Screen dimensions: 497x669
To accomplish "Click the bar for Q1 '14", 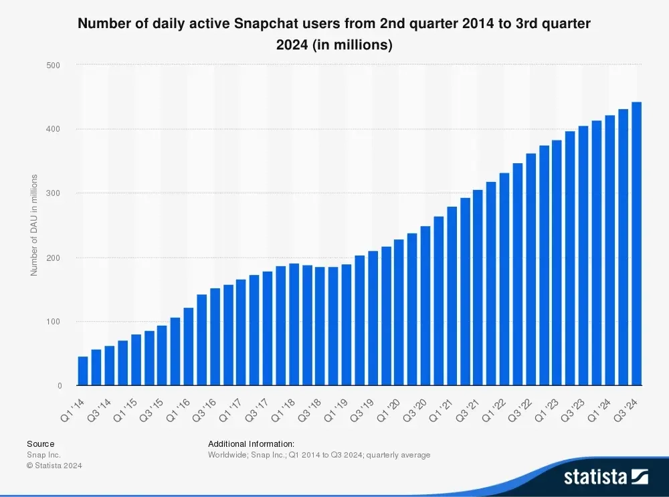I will point(83,371).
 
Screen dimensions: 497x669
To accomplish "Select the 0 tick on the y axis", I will point(60,386).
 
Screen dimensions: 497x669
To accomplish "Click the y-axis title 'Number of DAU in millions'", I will point(33,225).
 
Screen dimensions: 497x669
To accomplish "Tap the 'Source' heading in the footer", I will point(41,443).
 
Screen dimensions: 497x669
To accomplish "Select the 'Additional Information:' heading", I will point(251,443).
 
